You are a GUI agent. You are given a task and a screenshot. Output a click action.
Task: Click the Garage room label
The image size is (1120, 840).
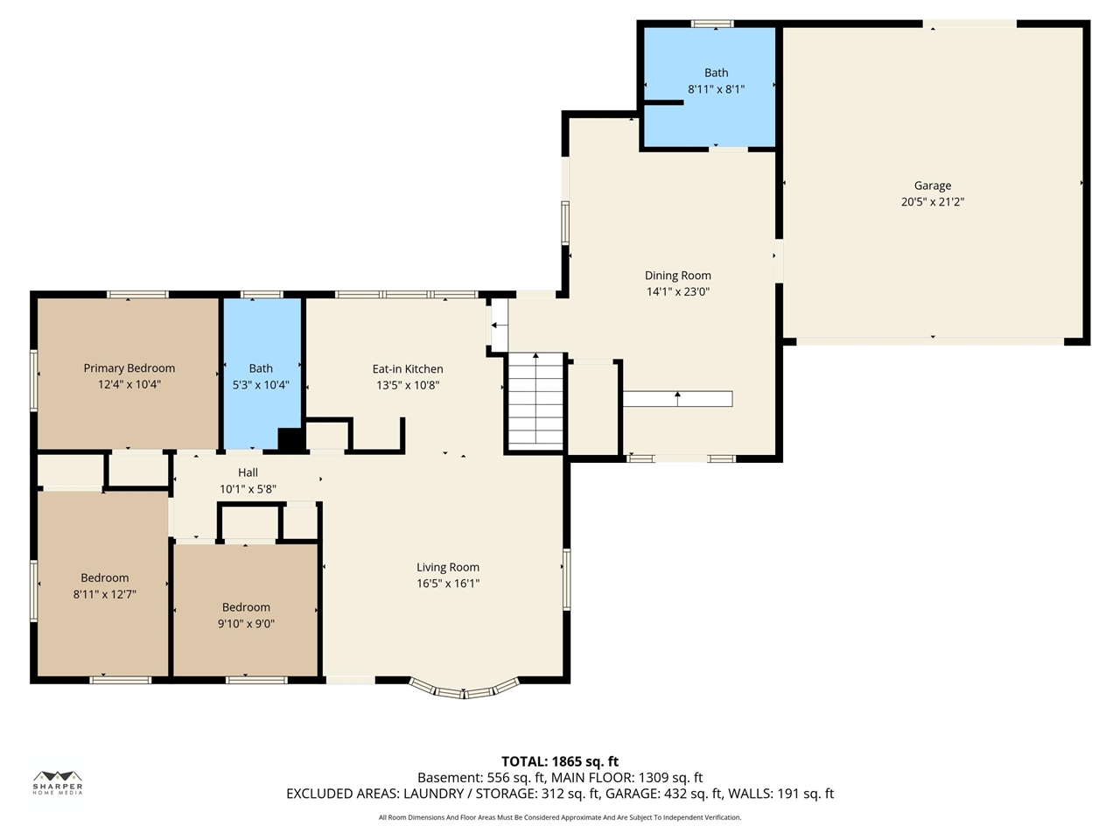coord(932,185)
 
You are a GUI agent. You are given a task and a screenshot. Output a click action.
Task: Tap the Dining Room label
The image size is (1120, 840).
coord(677,276)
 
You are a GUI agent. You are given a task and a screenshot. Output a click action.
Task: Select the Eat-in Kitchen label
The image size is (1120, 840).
coord(408,368)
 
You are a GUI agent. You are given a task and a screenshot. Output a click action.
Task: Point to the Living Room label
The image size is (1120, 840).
coord(447,567)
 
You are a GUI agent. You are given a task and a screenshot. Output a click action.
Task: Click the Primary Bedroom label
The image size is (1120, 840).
coord(129,368)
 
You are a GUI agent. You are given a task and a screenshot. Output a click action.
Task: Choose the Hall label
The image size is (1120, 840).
coord(248,472)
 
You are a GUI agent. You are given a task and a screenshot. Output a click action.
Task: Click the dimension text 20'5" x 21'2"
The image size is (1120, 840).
coord(932,202)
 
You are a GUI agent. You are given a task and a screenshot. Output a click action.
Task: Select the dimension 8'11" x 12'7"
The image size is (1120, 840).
coord(105,594)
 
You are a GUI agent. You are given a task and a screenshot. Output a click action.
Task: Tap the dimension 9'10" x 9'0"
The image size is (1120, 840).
coord(246,624)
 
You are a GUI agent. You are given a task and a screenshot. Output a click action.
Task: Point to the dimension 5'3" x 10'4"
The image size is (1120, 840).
coord(261,385)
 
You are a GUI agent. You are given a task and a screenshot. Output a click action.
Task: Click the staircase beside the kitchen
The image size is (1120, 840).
coord(535,402)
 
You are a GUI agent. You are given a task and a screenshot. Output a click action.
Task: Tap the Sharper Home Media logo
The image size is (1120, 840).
coord(58,782)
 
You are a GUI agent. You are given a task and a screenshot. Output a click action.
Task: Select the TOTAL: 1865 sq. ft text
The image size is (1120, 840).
coord(560,761)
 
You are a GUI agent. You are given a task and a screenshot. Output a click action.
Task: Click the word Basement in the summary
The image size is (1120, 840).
coord(449,778)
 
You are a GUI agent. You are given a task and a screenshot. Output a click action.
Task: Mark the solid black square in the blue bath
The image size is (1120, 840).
coord(290,438)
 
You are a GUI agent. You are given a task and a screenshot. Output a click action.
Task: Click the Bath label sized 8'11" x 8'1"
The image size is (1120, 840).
coord(716,73)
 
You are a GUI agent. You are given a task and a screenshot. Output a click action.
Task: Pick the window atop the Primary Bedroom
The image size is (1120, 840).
coord(137,294)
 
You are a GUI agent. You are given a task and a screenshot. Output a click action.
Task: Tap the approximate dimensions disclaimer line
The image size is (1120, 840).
coord(560,817)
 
